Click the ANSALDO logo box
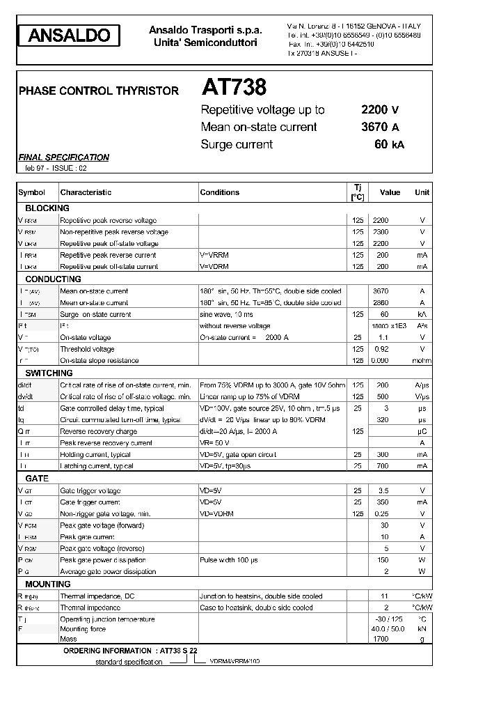coord(68,36)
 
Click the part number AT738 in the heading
coord(234,88)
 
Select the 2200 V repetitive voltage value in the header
coord(379,110)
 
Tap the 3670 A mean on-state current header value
coord(379,127)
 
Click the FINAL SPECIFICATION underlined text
coord(63,157)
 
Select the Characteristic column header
coord(86,192)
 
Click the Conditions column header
coord(219,192)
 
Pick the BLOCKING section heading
coord(47,208)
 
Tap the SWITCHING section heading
coord(49,373)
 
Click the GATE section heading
coord(37,479)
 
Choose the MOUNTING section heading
coord(48,584)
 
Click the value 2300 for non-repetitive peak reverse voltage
coord(381,232)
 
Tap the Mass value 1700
coord(381,639)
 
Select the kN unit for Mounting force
coord(422,629)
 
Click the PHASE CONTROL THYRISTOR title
coord(98,91)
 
